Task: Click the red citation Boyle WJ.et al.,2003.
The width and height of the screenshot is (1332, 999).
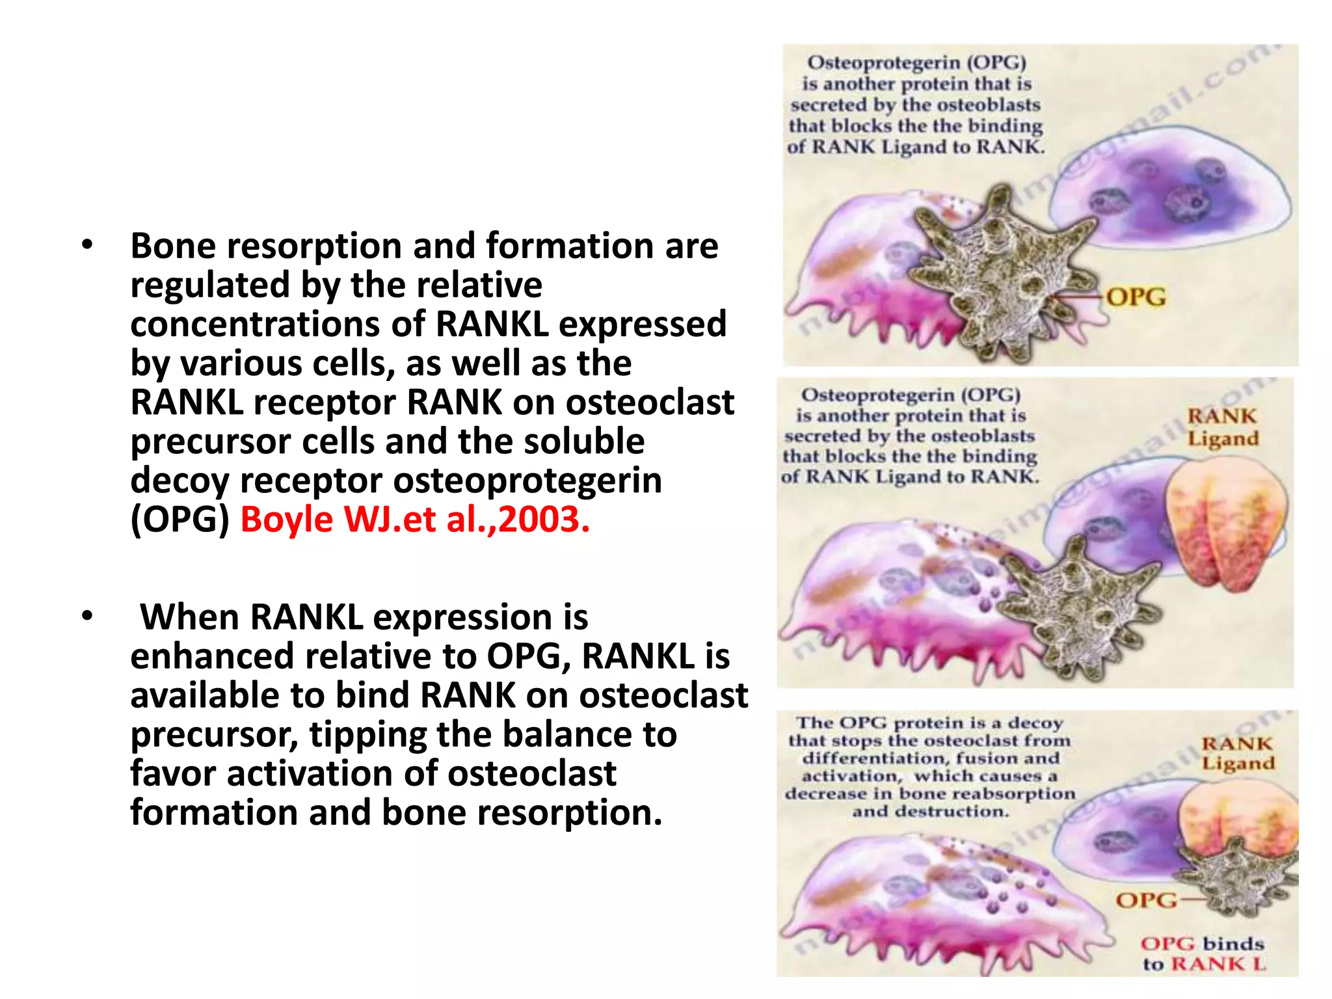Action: point(415,520)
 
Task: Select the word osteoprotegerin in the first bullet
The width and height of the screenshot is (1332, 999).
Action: point(527,481)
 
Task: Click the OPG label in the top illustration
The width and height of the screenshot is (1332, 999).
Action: point(1136,297)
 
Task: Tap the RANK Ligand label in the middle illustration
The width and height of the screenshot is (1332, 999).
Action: point(1223,427)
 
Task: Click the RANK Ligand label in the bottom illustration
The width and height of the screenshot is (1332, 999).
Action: point(1237,753)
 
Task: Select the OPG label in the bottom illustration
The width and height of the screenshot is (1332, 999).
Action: point(1146,900)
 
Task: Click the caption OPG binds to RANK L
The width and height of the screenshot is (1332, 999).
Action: point(1203,953)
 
